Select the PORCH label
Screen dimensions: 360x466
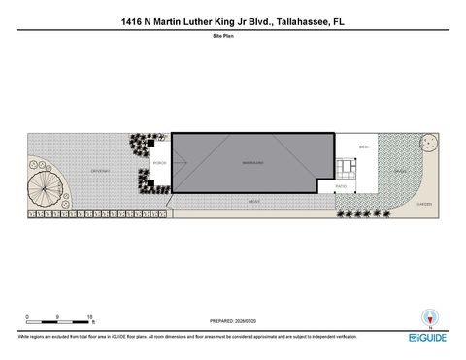pos(159,163)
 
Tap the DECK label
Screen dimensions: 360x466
pos(364,147)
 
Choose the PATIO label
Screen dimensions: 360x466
pos(341,184)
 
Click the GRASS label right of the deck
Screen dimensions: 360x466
pos(399,171)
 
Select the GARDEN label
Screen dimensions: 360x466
pos(423,204)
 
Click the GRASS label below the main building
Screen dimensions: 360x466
pos(253,201)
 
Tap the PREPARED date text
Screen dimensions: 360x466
pos(233,320)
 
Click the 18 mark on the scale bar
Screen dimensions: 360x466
pos(90,316)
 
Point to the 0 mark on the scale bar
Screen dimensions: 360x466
pos(28,316)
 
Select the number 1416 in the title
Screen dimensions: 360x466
pos(134,18)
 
